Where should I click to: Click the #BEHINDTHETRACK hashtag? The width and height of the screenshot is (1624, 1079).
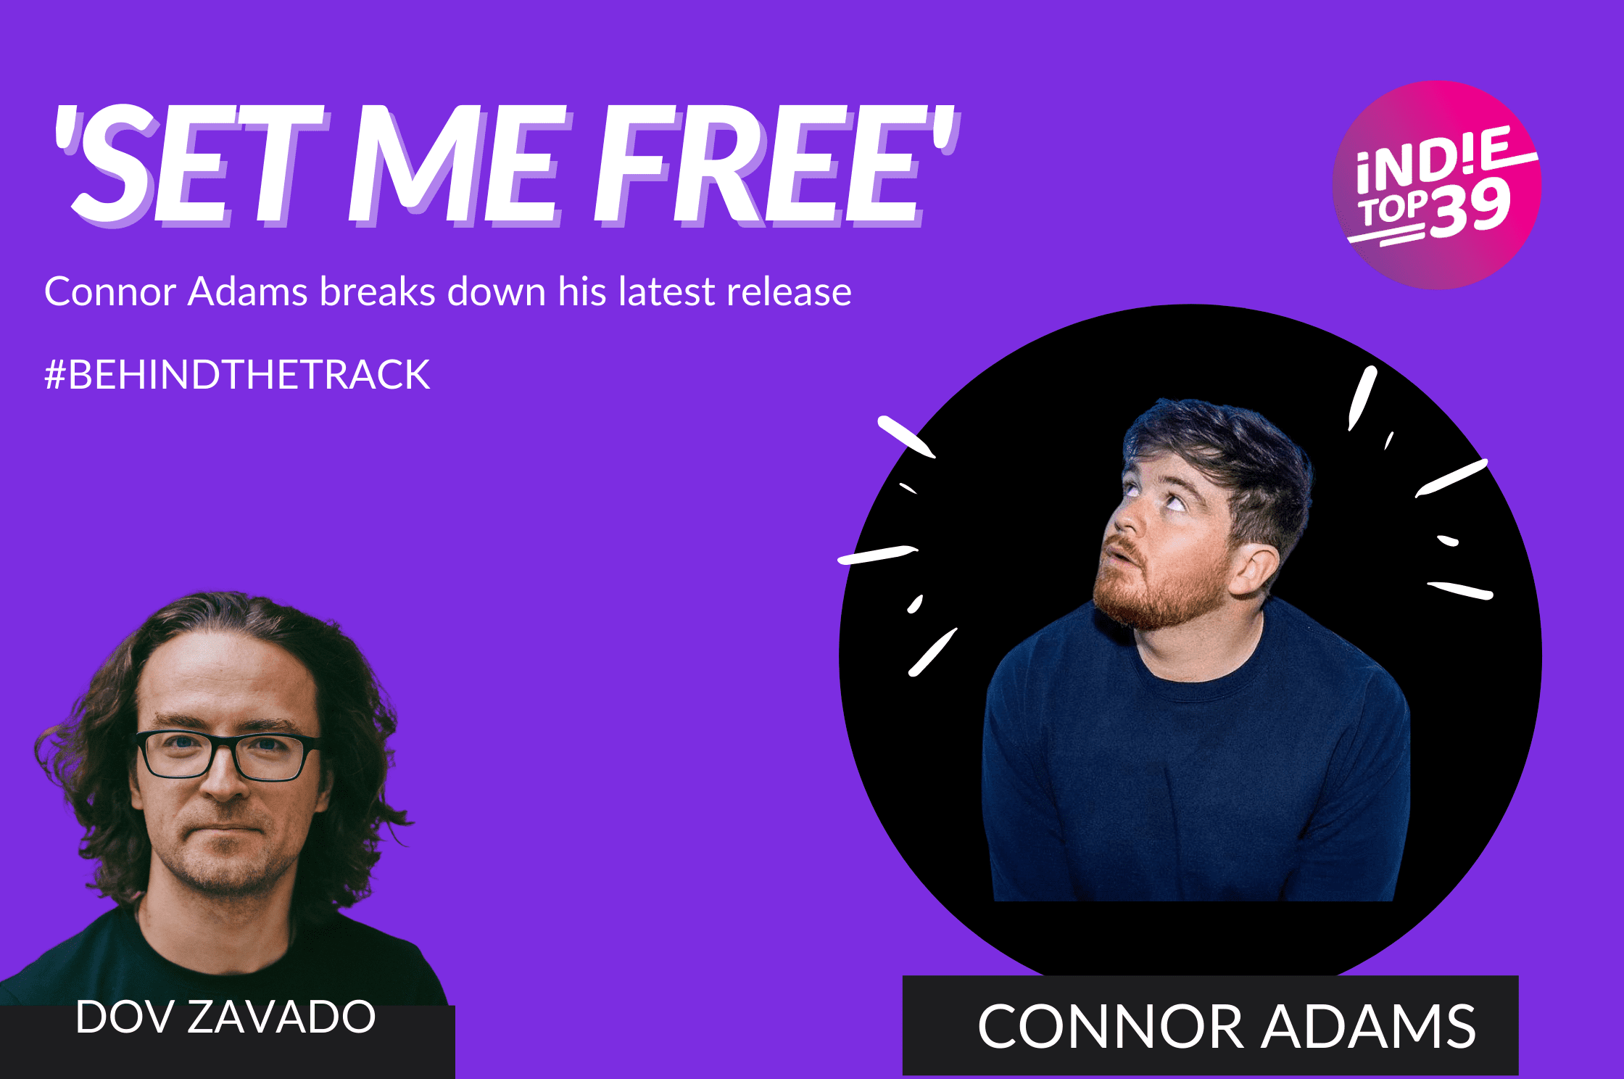pos(237,375)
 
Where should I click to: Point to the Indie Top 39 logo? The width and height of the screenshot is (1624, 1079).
pos(1437,185)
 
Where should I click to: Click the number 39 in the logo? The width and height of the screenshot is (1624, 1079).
pos(1470,210)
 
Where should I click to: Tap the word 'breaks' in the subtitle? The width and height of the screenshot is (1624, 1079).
pos(377,292)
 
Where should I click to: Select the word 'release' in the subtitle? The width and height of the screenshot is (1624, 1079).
pos(789,292)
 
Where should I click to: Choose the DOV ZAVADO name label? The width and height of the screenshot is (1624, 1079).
pos(225,1017)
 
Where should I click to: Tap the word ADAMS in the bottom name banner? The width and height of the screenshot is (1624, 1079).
pos(1368,1026)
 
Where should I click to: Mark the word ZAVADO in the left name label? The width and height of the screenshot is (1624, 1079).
pos(281,1017)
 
